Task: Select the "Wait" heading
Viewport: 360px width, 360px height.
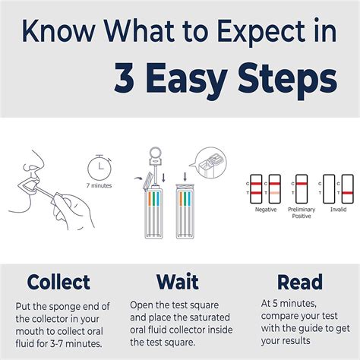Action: [x=178, y=282]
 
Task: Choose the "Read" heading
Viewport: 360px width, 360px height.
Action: [x=299, y=282]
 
